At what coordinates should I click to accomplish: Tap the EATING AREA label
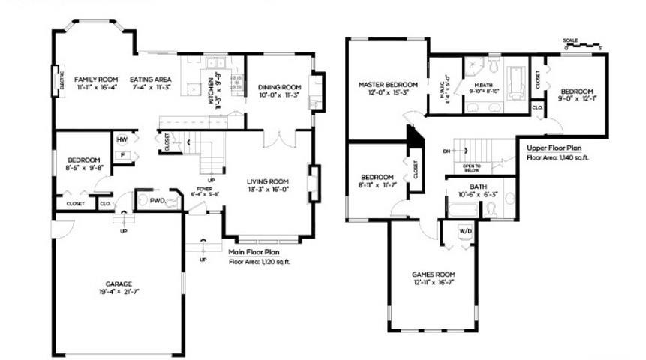151,79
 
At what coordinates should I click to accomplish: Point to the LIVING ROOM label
268,181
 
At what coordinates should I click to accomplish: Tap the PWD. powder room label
158,200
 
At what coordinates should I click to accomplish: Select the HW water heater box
122,140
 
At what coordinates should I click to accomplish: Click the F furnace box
122,156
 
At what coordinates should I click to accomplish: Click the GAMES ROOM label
434,274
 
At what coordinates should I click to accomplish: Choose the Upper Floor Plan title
555,148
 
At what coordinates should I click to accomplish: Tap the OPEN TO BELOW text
472,168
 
